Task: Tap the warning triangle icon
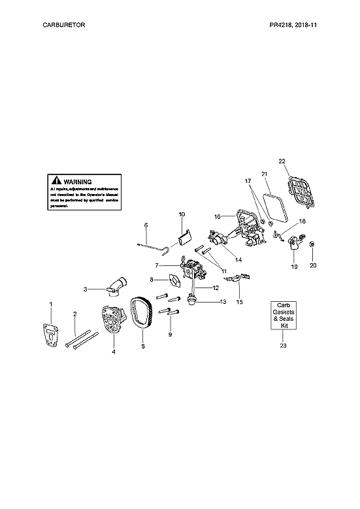pyautogui.click(x=57, y=180)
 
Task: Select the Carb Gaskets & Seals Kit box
pyautogui.click(x=283, y=316)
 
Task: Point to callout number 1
pyautogui.click(x=52, y=304)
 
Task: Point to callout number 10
pyautogui.click(x=182, y=214)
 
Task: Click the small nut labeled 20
pyautogui.click(x=312, y=245)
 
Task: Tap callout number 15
pyautogui.click(x=240, y=302)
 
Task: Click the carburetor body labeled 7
pyautogui.click(x=193, y=269)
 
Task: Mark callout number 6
pyautogui.click(x=146, y=225)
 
